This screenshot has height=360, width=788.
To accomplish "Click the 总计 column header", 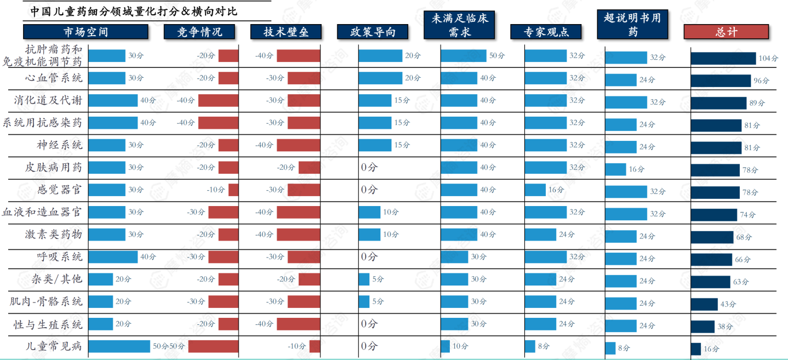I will pos(726,32).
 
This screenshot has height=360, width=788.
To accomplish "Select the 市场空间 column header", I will pos(85,32).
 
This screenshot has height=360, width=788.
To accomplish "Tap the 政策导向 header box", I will pos(374,32).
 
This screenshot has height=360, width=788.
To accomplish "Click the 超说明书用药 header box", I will pos(632,25).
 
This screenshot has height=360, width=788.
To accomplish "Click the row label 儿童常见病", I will pos(54,346).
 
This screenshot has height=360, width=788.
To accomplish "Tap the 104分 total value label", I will pos(768,59).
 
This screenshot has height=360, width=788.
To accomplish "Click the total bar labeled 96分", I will pos(720,81).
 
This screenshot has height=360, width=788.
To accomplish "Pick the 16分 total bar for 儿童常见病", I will pos(695,349).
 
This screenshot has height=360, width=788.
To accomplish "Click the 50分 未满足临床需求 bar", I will pos(463,56).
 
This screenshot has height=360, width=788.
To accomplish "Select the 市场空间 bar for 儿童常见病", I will pos(119,346).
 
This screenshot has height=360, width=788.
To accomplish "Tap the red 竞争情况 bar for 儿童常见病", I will pos(213,346).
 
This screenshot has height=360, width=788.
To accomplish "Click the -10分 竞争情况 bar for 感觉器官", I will pos(233,190).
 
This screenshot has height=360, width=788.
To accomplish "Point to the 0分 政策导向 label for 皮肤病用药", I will pos(369,168).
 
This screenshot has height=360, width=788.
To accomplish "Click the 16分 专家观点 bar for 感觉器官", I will pos(535,190).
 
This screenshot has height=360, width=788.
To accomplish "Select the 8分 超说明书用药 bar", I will pos(610,348).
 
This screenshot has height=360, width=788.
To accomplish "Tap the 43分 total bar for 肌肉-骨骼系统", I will pos(704,304).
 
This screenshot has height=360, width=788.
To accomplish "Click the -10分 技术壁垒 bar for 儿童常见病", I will pos(315,346).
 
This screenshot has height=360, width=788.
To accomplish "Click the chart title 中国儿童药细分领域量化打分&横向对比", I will pos(134,11).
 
